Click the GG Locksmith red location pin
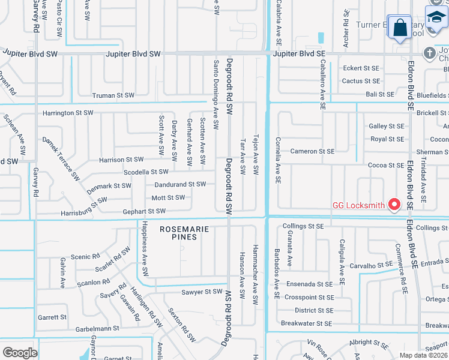pos(394,205)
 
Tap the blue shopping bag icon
pos(399,28)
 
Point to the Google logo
pos(20,353)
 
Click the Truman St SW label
pos(113,95)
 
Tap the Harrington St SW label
pos(68,113)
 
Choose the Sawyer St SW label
pos(202,292)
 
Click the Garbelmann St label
pos(97,329)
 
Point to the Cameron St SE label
pos(312,151)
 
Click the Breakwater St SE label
pos(307,323)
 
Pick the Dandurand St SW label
pos(180,184)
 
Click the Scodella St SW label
pos(146,172)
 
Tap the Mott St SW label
pos(168,197)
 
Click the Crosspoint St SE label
pos(309,297)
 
